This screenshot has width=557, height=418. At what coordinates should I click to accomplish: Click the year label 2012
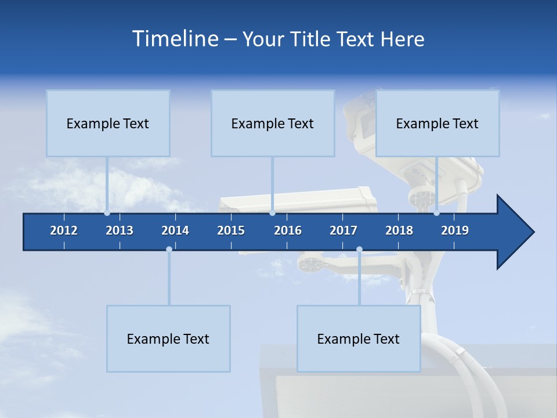pyautogui.click(x=64, y=230)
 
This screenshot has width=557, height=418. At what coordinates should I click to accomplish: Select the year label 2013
pyautogui.click(x=120, y=230)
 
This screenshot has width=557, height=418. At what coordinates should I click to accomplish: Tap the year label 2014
pyautogui.click(x=175, y=230)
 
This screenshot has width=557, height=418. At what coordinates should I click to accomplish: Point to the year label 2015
pyautogui.click(x=231, y=230)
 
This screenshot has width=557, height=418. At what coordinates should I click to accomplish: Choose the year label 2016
pyautogui.click(x=288, y=230)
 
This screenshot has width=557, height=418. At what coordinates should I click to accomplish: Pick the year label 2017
pyautogui.click(x=343, y=230)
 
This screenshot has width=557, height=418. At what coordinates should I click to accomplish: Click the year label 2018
pyautogui.click(x=399, y=230)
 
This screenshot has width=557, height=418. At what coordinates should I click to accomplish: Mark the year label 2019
pyautogui.click(x=455, y=230)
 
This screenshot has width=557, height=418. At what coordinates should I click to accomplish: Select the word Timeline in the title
pyautogui.click(x=175, y=39)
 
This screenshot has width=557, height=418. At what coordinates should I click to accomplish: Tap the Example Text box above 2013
pyautogui.click(x=108, y=123)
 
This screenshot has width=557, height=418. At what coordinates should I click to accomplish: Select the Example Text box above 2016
pyautogui.click(x=273, y=123)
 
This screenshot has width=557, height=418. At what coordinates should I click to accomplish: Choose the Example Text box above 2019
pyautogui.click(x=437, y=123)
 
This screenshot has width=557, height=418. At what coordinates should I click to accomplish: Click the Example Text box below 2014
pyautogui.click(x=168, y=338)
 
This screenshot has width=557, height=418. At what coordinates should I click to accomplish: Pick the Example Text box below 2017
pyautogui.click(x=359, y=338)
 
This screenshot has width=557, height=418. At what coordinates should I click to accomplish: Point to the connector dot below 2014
pyautogui.click(x=169, y=249)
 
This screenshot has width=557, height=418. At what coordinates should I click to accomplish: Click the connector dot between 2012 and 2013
pyautogui.click(x=107, y=213)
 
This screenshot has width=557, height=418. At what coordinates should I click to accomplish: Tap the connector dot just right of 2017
pyautogui.click(x=359, y=249)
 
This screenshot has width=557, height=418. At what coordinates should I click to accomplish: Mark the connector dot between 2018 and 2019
pyautogui.click(x=436, y=213)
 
